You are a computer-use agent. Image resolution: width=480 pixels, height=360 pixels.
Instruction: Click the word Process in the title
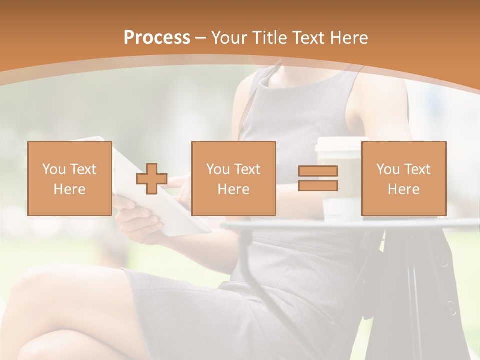pyautogui.click(x=157, y=38)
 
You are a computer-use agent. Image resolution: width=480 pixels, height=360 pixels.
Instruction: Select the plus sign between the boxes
pyautogui.click(x=152, y=179)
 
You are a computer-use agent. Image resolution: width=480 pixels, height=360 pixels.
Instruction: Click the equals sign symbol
pyautogui.click(x=318, y=178)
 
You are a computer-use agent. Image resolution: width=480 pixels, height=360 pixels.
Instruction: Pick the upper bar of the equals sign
pyautogui.click(x=318, y=171)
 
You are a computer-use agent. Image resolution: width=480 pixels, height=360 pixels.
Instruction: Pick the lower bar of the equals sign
pyautogui.click(x=318, y=186)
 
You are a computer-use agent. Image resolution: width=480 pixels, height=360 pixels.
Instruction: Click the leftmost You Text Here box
pyautogui.click(x=69, y=178)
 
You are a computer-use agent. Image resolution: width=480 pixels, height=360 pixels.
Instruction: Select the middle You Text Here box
pyautogui.click(x=233, y=178)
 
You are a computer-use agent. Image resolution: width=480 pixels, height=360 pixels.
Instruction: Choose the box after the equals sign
pyautogui.click(x=403, y=178)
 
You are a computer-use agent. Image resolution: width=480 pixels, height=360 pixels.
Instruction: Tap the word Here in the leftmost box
pyautogui.click(x=69, y=189)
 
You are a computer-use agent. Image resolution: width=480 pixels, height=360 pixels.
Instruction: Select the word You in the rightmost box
pyautogui.click(x=386, y=169)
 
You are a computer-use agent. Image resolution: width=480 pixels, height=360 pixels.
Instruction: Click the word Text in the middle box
pyautogui.click(x=247, y=169)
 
